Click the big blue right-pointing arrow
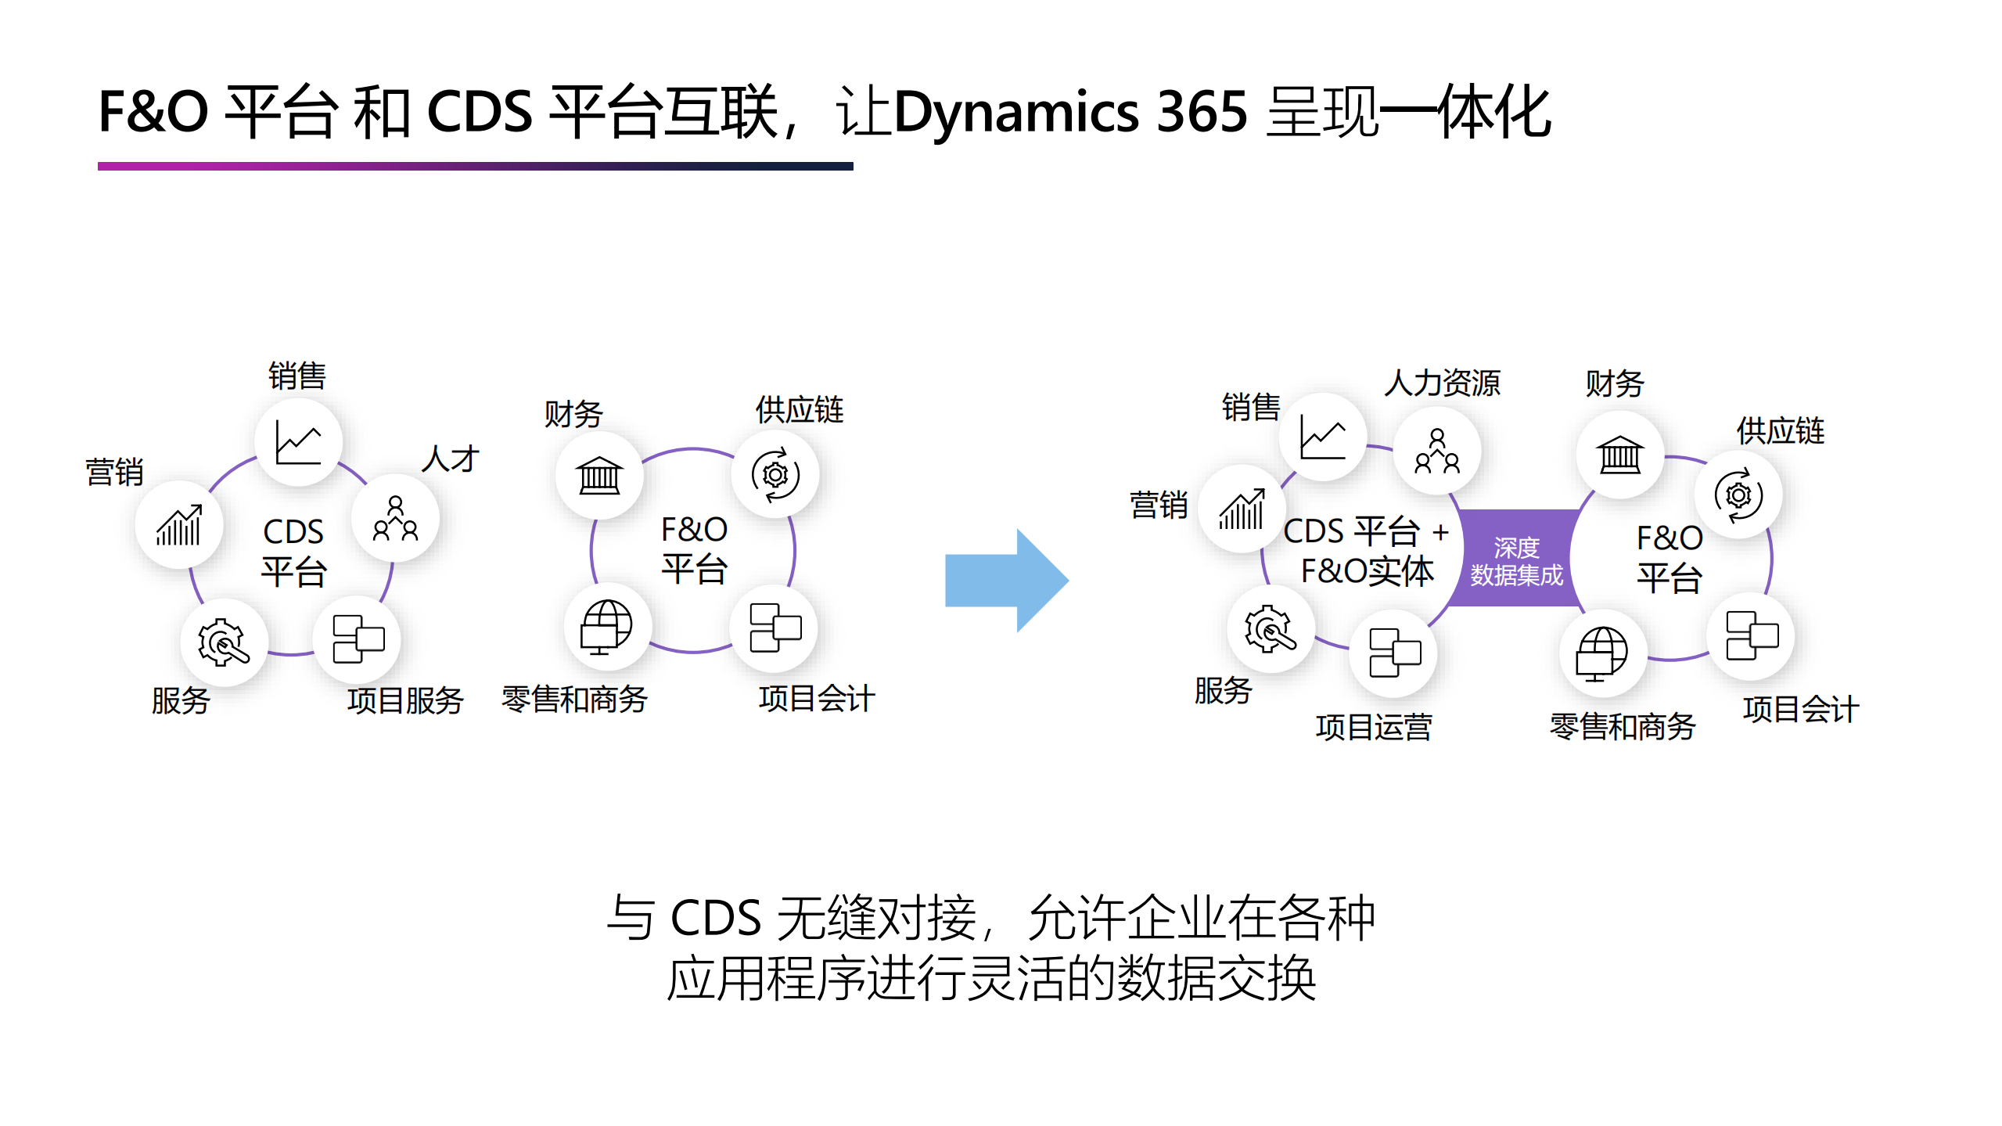1005,580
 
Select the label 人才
450,459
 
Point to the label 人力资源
1442,383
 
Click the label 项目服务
405,700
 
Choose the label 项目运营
1373,727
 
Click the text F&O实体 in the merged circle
1367,571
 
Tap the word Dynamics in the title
1016,112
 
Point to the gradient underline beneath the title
475,166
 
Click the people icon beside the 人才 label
395,518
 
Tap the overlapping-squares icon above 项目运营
1394,652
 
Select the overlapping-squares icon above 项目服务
358,639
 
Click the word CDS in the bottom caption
716,918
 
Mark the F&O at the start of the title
153,112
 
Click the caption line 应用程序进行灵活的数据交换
991,978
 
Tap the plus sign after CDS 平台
1440,533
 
